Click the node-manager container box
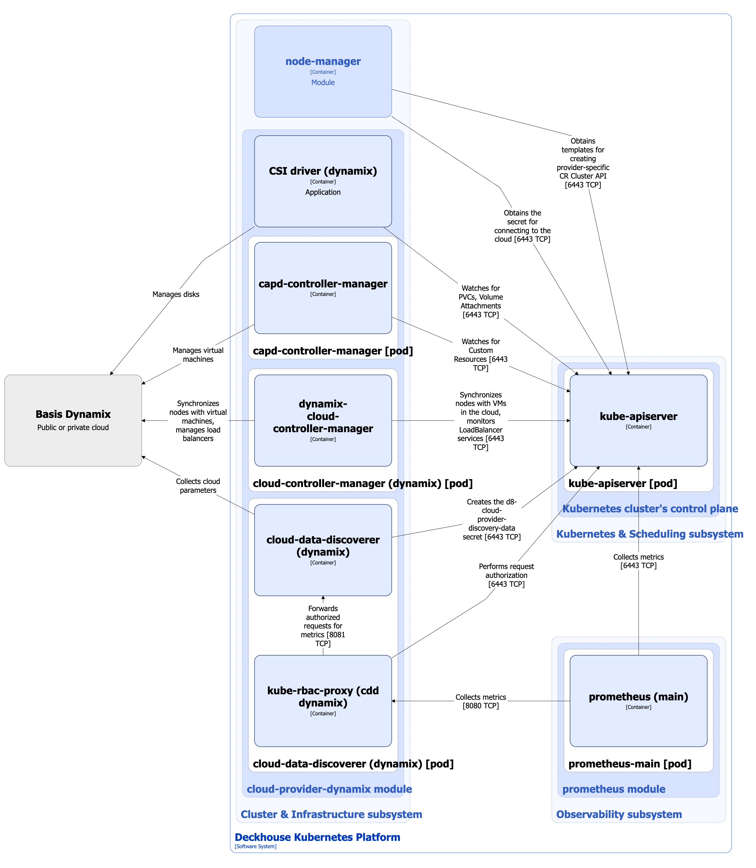point(323,71)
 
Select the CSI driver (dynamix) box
point(323,181)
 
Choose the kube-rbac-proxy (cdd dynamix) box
point(323,701)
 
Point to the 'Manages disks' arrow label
point(176,294)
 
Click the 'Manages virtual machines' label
point(198,355)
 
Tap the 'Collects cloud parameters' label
point(198,486)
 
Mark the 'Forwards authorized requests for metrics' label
point(323,625)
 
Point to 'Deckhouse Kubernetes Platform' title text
point(317,837)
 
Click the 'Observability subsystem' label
point(619,814)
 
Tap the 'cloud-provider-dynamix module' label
point(329,789)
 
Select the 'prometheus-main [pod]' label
point(629,763)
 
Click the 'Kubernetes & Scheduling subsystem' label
point(649,534)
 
